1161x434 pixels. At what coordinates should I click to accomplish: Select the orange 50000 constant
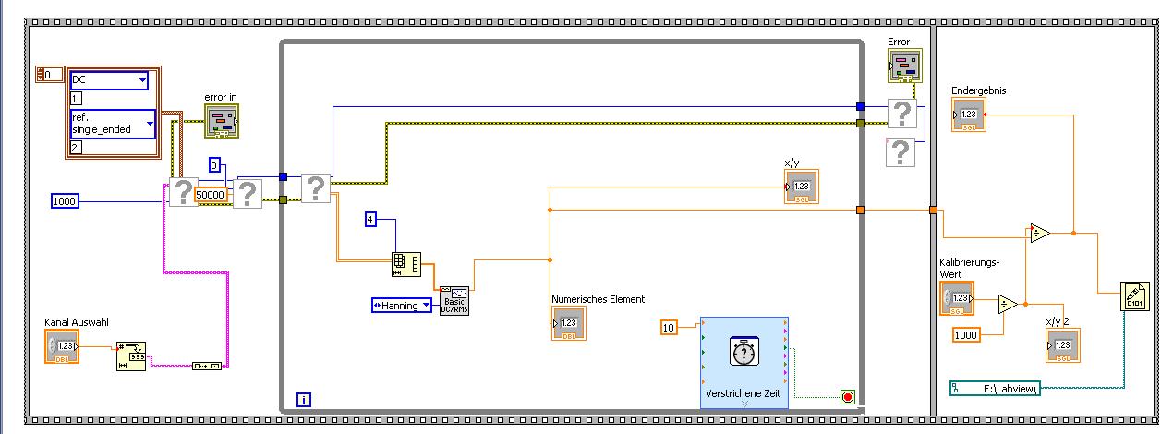pyautogui.click(x=211, y=195)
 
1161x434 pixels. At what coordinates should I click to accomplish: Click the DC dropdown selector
pyautogui.click(x=109, y=81)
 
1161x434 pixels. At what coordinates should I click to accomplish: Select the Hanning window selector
pyautogui.click(x=402, y=305)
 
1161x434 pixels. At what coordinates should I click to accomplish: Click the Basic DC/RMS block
pyautogui.click(x=454, y=300)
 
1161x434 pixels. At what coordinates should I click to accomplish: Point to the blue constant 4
pyautogui.click(x=370, y=219)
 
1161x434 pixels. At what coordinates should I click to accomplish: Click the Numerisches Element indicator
pyautogui.click(x=568, y=324)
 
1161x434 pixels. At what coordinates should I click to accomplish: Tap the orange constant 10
pyautogui.click(x=671, y=327)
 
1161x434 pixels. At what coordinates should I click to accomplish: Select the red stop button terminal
pyautogui.click(x=848, y=397)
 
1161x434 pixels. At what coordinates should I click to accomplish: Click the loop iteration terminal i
pyautogui.click(x=304, y=400)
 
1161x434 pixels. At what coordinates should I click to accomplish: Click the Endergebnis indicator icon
pyautogui.click(x=969, y=115)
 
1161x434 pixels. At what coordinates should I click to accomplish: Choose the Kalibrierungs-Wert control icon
pyautogui.click(x=957, y=299)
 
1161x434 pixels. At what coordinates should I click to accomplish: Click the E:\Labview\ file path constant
pyautogui.click(x=996, y=389)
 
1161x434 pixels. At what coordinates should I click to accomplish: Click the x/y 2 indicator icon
pyautogui.click(x=1062, y=345)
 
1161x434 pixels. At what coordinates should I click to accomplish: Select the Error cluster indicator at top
pyautogui.click(x=905, y=66)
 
